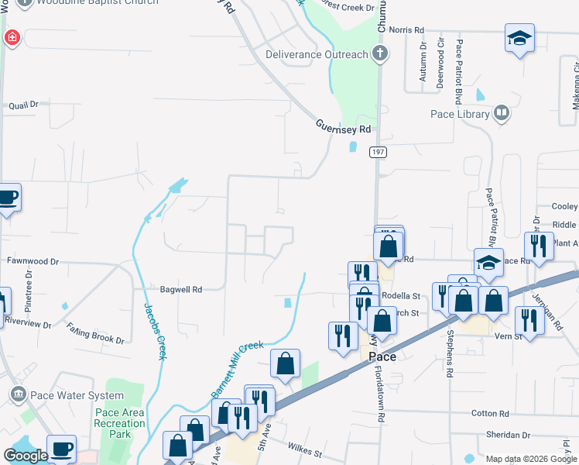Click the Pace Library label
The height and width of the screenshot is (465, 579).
coord(460,115)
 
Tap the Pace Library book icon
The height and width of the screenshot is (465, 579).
coord(502,115)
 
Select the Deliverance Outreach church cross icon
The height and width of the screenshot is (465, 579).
coord(379,54)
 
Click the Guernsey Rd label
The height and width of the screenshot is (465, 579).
coord(344,126)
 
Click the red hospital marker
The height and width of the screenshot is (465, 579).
coord(12,37)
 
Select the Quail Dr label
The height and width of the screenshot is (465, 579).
coord(22,105)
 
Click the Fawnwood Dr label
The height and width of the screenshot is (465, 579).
coord(33,262)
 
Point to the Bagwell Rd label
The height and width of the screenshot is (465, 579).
coord(180,289)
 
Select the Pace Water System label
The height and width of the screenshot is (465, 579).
coord(77,395)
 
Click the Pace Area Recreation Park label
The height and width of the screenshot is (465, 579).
coord(120,423)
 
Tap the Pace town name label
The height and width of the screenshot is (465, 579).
coord(382,356)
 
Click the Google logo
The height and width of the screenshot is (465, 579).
coord(25,456)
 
